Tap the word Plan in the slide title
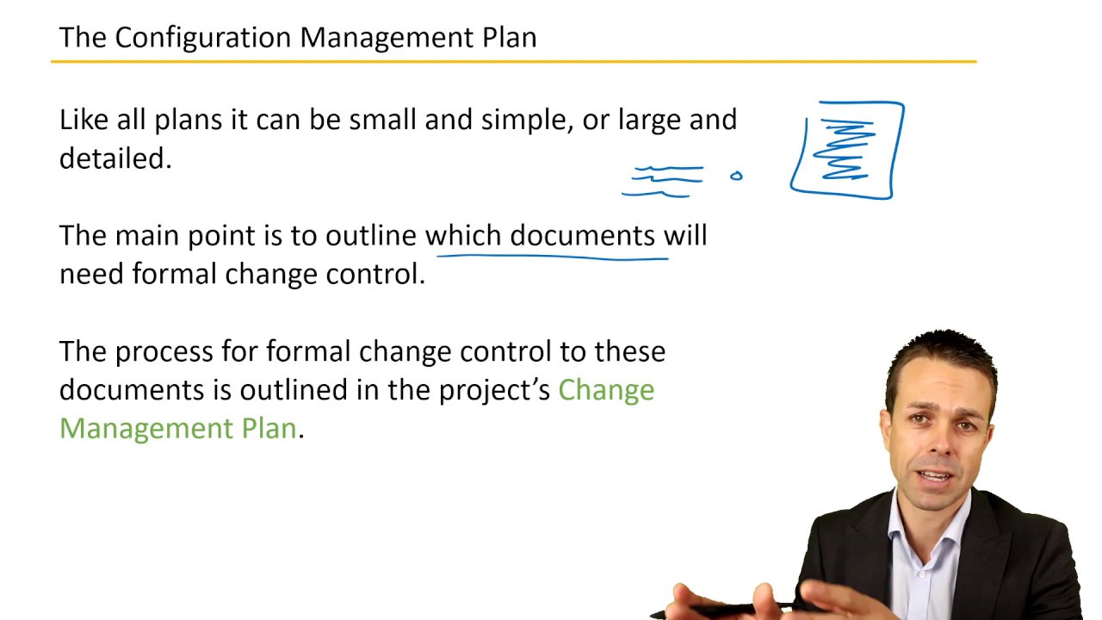pyautogui.click(x=510, y=38)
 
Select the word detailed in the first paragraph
pyautogui.click(x=114, y=158)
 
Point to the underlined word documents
pyautogui.click(x=582, y=236)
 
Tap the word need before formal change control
pyautogui.click(x=91, y=275)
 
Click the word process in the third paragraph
pyautogui.click(x=164, y=352)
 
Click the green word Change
pyautogui.click(x=606, y=390)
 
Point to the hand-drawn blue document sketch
pyautogui.click(x=848, y=150)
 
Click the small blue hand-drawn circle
pyautogui.click(x=736, y=177)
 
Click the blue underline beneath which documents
pyautogui.click(x=551, y=256)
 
